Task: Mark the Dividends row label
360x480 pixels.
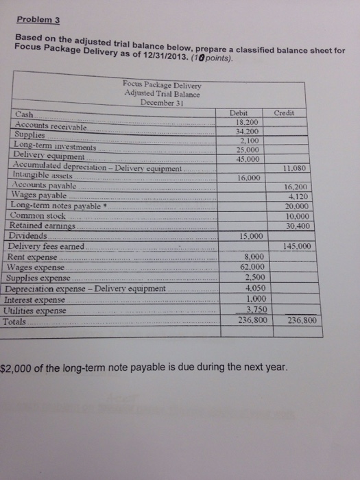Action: click(x=29, y=236)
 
